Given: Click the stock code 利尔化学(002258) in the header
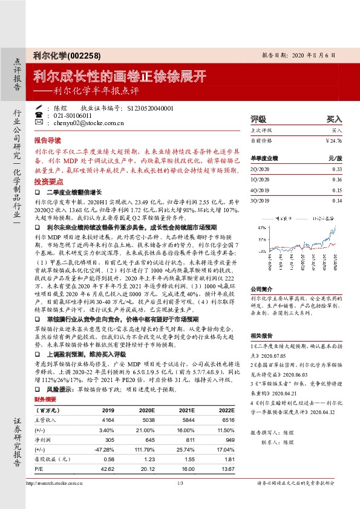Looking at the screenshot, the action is [x=67, y=55].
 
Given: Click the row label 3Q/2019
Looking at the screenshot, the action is [x=260, y=201].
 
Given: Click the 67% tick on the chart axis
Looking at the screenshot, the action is [x=261, y=221].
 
